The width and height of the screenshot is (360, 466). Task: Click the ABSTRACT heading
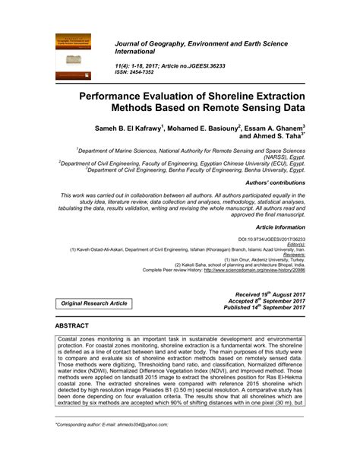[x=73, y=325]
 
